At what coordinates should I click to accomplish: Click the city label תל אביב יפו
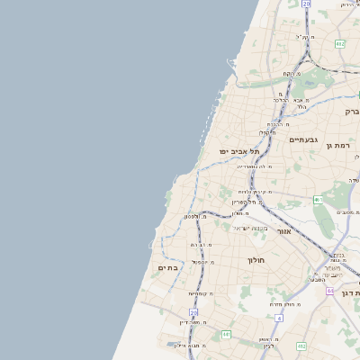tap(238, 151)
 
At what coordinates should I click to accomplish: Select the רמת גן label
tap(337, 144)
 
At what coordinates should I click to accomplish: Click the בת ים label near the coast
tap(168, 267)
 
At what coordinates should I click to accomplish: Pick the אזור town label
tap(283, 231)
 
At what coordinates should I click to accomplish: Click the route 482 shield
tap(339, 43)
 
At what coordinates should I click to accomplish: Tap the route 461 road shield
tap(318, 199)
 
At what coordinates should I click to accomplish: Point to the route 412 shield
tap(301, 346)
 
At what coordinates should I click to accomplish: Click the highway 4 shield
tap(279, 318)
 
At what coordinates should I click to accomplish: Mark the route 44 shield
tap(330, 291)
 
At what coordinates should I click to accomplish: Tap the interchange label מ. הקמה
tap(276, 124)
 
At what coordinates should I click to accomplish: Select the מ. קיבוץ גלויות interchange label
tap(255, 192)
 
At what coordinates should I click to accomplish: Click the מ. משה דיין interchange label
tap(195, 321)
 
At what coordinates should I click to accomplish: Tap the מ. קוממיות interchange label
tap(199, 293)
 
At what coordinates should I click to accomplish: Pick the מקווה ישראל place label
tap(251, 228)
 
